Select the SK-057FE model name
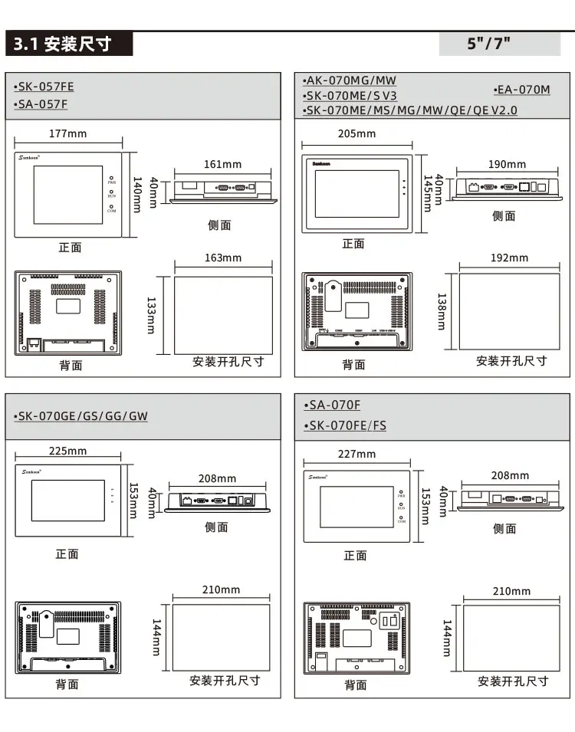44,87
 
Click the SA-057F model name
41,104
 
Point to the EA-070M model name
522,90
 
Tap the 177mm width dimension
68,133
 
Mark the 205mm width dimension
357,133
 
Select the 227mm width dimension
357,454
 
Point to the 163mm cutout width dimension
223,258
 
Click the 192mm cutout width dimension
510,258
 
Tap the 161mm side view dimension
223,164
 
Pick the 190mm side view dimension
508,164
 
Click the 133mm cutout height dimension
151,315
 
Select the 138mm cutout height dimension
441,311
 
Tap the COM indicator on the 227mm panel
401,521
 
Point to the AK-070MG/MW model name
350,80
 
